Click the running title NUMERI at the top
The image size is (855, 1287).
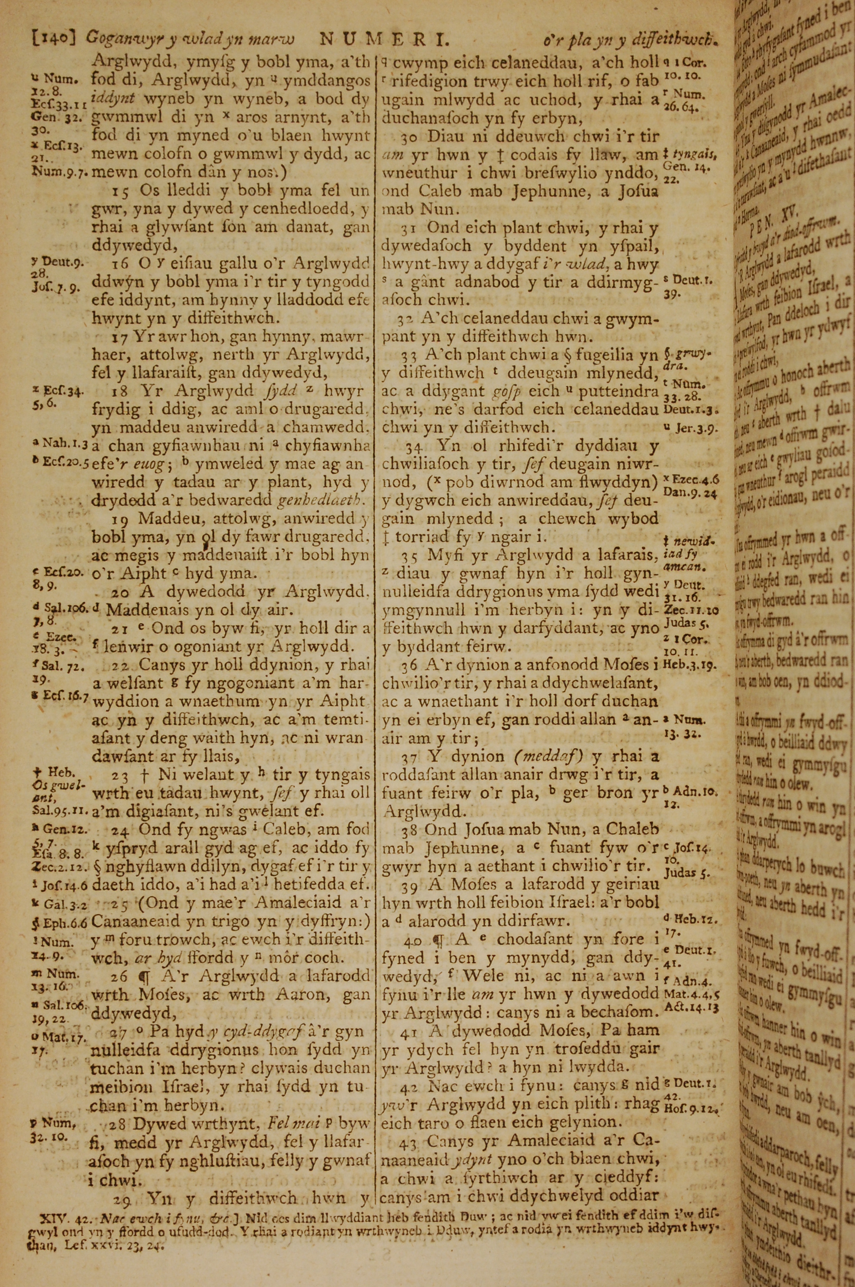pos(384,39)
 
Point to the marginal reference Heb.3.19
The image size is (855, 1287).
pos(689,665)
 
